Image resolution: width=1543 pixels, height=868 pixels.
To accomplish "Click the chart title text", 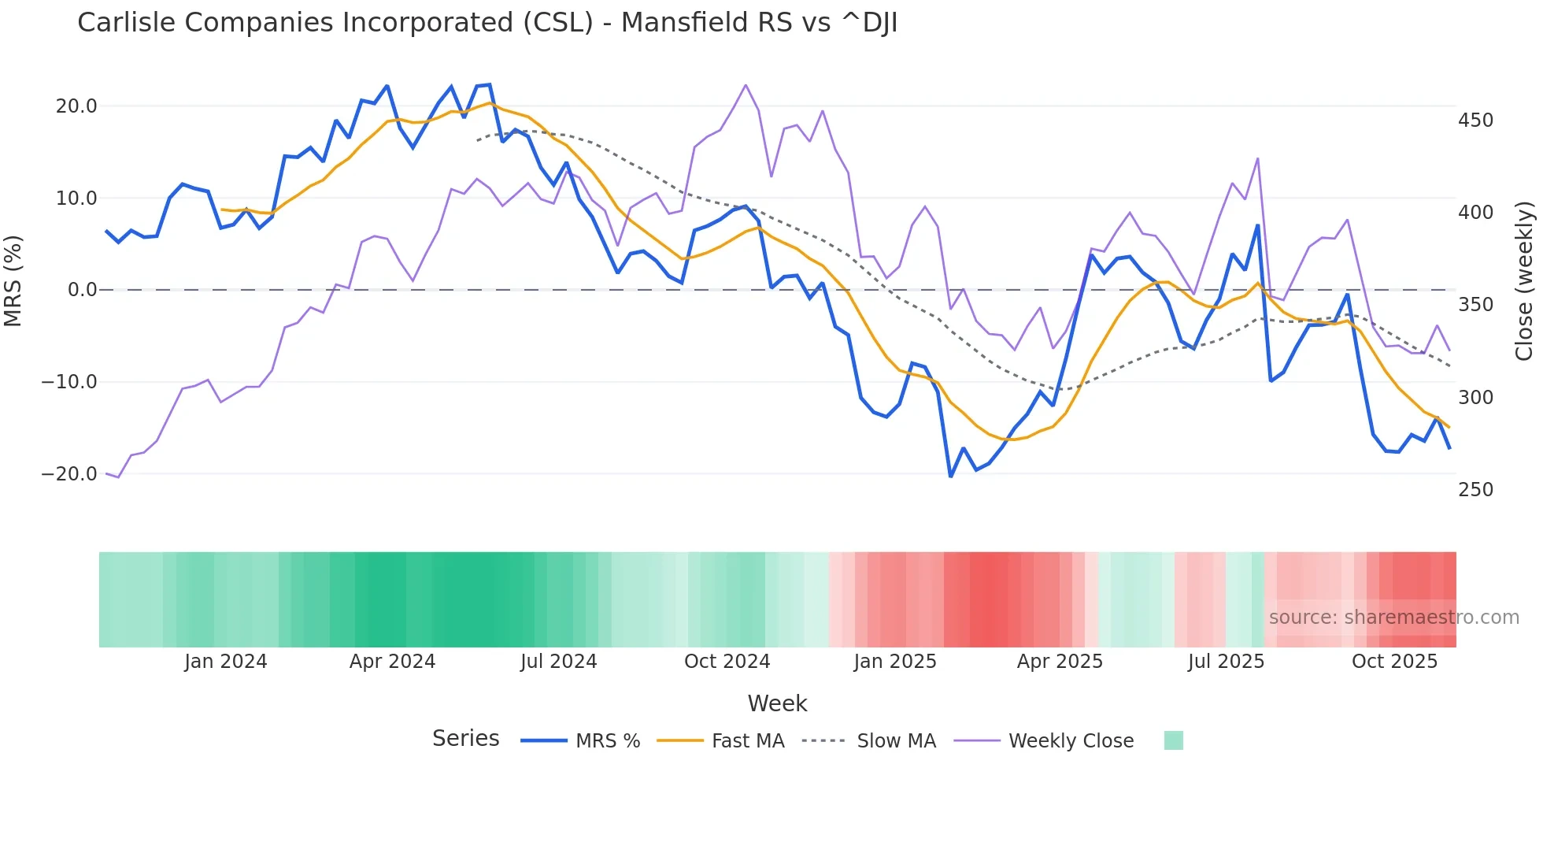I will coord(487,23).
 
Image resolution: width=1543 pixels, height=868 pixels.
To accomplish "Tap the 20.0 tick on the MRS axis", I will coord(76,106).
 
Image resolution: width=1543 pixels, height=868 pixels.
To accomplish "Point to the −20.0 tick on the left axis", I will coord(69,474).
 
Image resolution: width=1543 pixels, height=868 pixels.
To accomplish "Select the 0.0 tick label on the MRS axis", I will coord(82,290).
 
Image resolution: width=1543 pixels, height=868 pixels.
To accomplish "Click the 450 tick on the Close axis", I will coord(1475,121).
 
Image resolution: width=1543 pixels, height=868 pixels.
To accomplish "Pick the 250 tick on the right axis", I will coord(1475,490).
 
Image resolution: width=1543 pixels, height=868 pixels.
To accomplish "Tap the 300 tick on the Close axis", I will coord(1475,398).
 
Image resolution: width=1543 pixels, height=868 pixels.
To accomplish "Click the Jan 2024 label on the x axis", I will coord(226,662).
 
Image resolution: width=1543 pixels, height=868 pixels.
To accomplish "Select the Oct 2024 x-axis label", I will coord(727,662).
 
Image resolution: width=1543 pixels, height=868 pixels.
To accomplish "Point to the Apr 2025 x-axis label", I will coord(1060,662).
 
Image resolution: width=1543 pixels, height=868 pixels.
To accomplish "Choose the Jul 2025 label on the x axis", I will coord(1226,662).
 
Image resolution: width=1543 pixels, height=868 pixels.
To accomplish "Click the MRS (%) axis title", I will coord(13,280).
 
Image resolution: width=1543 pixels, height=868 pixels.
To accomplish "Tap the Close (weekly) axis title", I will coord(1525,280).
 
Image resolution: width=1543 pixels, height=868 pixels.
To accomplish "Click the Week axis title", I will coord(777,703).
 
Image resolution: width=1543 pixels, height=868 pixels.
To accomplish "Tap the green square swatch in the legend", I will coord(1173,740).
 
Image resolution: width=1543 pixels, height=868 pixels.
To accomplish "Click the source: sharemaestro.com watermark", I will coord(1393,618).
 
